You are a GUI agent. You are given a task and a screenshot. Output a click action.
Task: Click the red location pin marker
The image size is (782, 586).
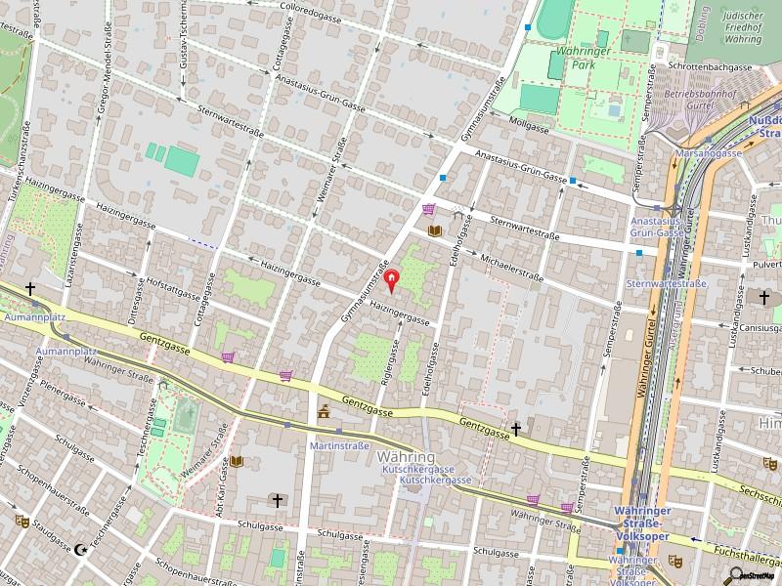pos(392,282)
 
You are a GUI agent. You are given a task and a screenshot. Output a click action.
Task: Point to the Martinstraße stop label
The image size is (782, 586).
pos(338,445)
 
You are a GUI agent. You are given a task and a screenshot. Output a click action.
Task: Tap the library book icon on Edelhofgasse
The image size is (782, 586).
pos(436,230)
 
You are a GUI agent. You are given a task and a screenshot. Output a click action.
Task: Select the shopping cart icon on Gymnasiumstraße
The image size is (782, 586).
pos(427,209)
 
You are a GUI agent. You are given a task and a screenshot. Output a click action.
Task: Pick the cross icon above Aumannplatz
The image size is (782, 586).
pos(30,289)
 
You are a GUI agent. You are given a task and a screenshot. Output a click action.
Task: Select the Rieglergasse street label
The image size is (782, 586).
pos(391,359)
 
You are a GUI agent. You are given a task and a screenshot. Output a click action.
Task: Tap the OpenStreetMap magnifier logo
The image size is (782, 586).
pos(737,575)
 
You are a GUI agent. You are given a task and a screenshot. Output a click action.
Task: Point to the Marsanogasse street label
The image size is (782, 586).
pos(712,154)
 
